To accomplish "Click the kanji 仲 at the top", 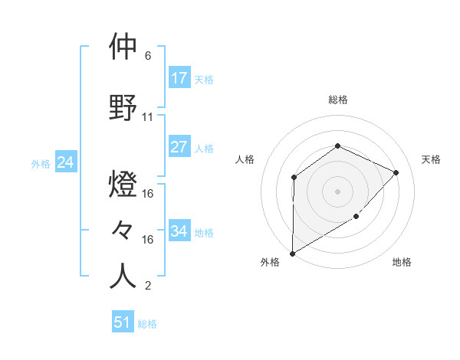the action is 123,47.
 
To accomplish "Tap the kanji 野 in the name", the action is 123,108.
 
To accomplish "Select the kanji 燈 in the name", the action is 123,185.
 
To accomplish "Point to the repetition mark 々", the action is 123,231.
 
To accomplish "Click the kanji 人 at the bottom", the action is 123,277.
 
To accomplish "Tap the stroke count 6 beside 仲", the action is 148,56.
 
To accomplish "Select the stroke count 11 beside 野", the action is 148,117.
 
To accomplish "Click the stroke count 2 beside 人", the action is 148,286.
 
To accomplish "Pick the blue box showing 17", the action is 179,78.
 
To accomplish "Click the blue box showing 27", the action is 179,147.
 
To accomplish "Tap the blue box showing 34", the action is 179,231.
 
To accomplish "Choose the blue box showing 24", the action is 66,162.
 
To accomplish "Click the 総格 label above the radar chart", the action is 337,100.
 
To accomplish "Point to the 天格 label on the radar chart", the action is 431,159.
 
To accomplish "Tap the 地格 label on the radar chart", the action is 402,262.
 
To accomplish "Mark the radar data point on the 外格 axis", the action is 292,254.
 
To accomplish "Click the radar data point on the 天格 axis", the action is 396,172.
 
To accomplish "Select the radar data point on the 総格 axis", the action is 337,146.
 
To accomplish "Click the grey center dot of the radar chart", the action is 337,191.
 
